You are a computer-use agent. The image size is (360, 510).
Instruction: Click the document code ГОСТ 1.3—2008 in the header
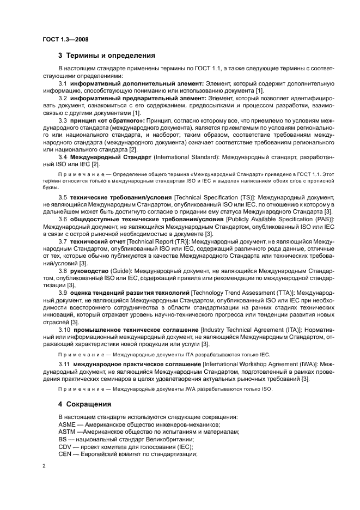click(66, 39)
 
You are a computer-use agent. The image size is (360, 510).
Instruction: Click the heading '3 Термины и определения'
click(107, 55)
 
